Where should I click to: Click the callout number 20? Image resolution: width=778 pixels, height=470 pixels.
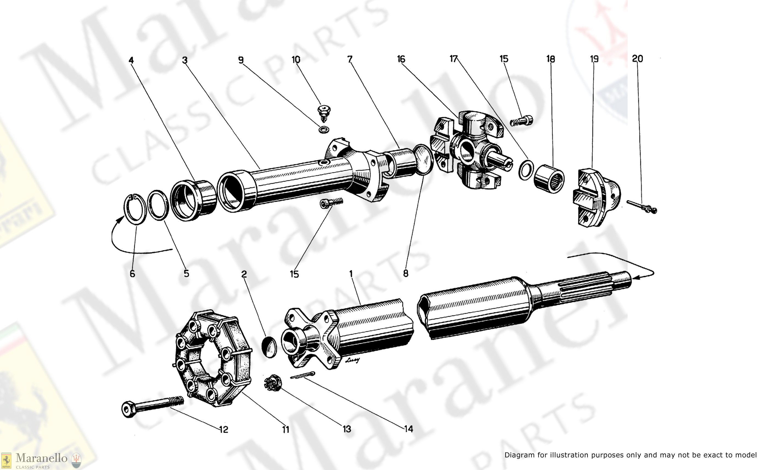(x=637, y=59)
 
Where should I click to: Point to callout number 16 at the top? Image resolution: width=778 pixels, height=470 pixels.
(x=401, y=59)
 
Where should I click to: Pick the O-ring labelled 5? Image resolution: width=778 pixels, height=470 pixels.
(x=158, y=205)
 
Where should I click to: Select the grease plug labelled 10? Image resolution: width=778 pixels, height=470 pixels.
(x=324, y=113)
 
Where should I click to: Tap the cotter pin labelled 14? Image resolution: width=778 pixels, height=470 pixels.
(x=302, y=376)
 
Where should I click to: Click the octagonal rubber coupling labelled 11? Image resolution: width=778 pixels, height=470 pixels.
(x=213, y=358)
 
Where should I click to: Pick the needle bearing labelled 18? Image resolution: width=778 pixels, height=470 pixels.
(x=549, y=178)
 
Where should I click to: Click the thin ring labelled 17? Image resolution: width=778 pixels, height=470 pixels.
(x=526, y=170)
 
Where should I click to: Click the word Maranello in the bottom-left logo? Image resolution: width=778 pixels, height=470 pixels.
(x=41, y=458)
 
